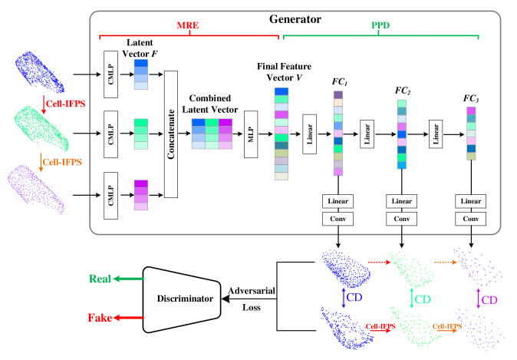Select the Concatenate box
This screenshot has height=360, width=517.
pos(171,134)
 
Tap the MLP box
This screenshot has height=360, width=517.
pos(251,134)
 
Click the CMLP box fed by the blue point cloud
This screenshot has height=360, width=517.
pos(110,74)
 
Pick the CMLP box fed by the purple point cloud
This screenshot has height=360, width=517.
pos(110,195)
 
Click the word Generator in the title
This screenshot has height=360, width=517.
pos(295,19)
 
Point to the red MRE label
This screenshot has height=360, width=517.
pos(188,25)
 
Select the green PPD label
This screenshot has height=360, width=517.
pos(380,25)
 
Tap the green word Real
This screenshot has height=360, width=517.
pos(100,279)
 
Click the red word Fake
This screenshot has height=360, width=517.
pos(100,318)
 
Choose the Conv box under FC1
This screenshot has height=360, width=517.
pos(338,219)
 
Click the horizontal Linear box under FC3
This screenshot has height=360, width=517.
pos(470,201)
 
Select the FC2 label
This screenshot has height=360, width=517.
pos(403,91)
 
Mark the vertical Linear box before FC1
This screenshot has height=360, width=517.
pos(310,134)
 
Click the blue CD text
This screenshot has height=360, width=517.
pos(354,297)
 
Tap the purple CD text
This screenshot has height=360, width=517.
pos(489,300)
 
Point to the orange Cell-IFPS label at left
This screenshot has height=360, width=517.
pos(62,162)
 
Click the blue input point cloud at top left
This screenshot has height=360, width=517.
pos(40,72)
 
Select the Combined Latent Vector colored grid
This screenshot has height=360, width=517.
pos(212,134)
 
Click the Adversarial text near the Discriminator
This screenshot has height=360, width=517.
pos(252,291)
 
